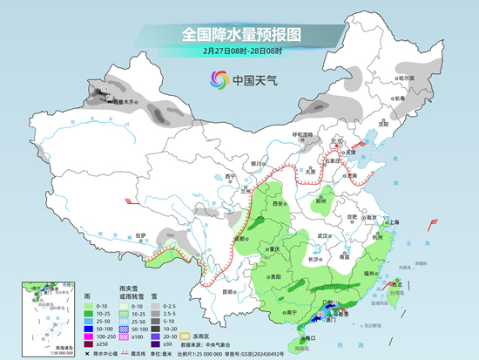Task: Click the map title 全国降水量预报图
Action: (x=241, y=34)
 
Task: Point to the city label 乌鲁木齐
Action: (x=127, y=103)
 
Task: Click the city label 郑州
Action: (x=320, y=200)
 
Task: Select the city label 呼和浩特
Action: (x=301, y=134)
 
